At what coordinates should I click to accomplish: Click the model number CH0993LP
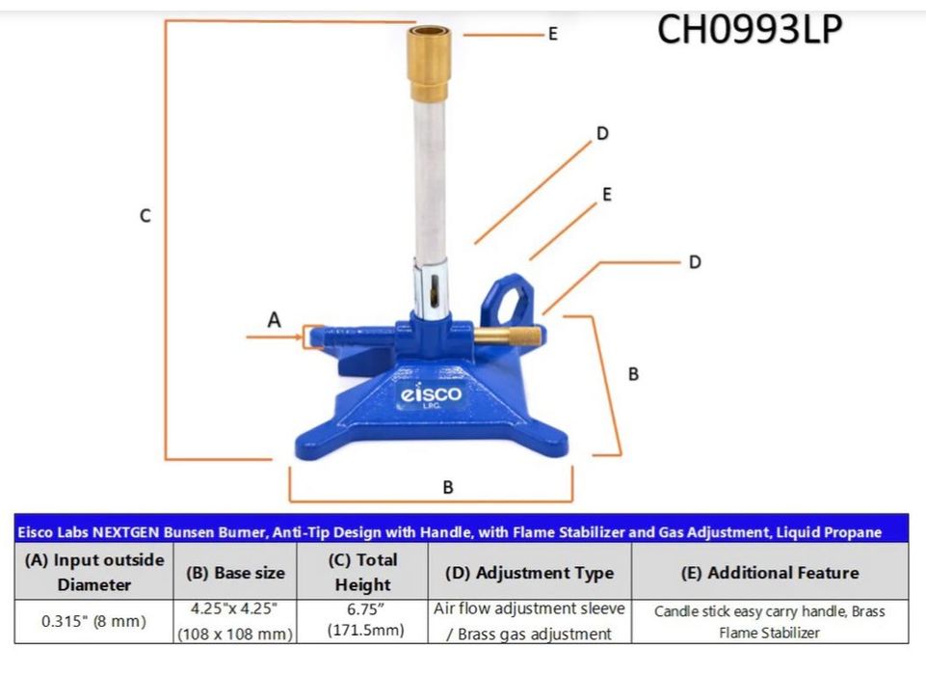click(x=750, y=29)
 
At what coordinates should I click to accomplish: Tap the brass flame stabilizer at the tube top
click(x=430, y=63)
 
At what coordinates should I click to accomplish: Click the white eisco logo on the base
click(x=431, y=393)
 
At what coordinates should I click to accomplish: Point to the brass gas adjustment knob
click(x=507, y=337)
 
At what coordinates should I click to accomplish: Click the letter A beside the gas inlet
click(x=274, y=320)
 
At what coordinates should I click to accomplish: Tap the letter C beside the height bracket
click(x=146, y=216)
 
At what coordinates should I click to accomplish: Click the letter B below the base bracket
click(x=448, y=487)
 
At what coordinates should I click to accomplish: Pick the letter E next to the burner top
click(x=553, y=34)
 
